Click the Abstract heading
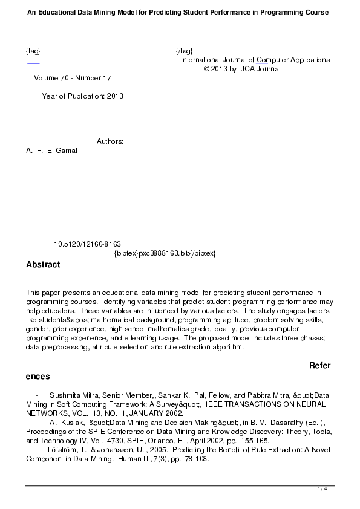43,264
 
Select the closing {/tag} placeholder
184,50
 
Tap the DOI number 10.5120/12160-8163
87,244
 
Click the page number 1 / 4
322,488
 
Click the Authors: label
110,141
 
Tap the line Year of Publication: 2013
82,96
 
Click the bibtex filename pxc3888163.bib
165,253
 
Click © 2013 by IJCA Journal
242,69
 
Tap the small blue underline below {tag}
33,62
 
